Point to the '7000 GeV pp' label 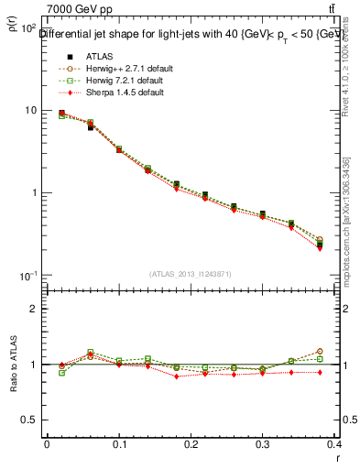(80, 10)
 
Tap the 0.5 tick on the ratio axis (30, 420)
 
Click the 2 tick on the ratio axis (34, 309)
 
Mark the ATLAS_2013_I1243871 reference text (189, 274)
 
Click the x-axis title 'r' (339, 457)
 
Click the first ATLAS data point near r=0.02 (61, 114)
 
